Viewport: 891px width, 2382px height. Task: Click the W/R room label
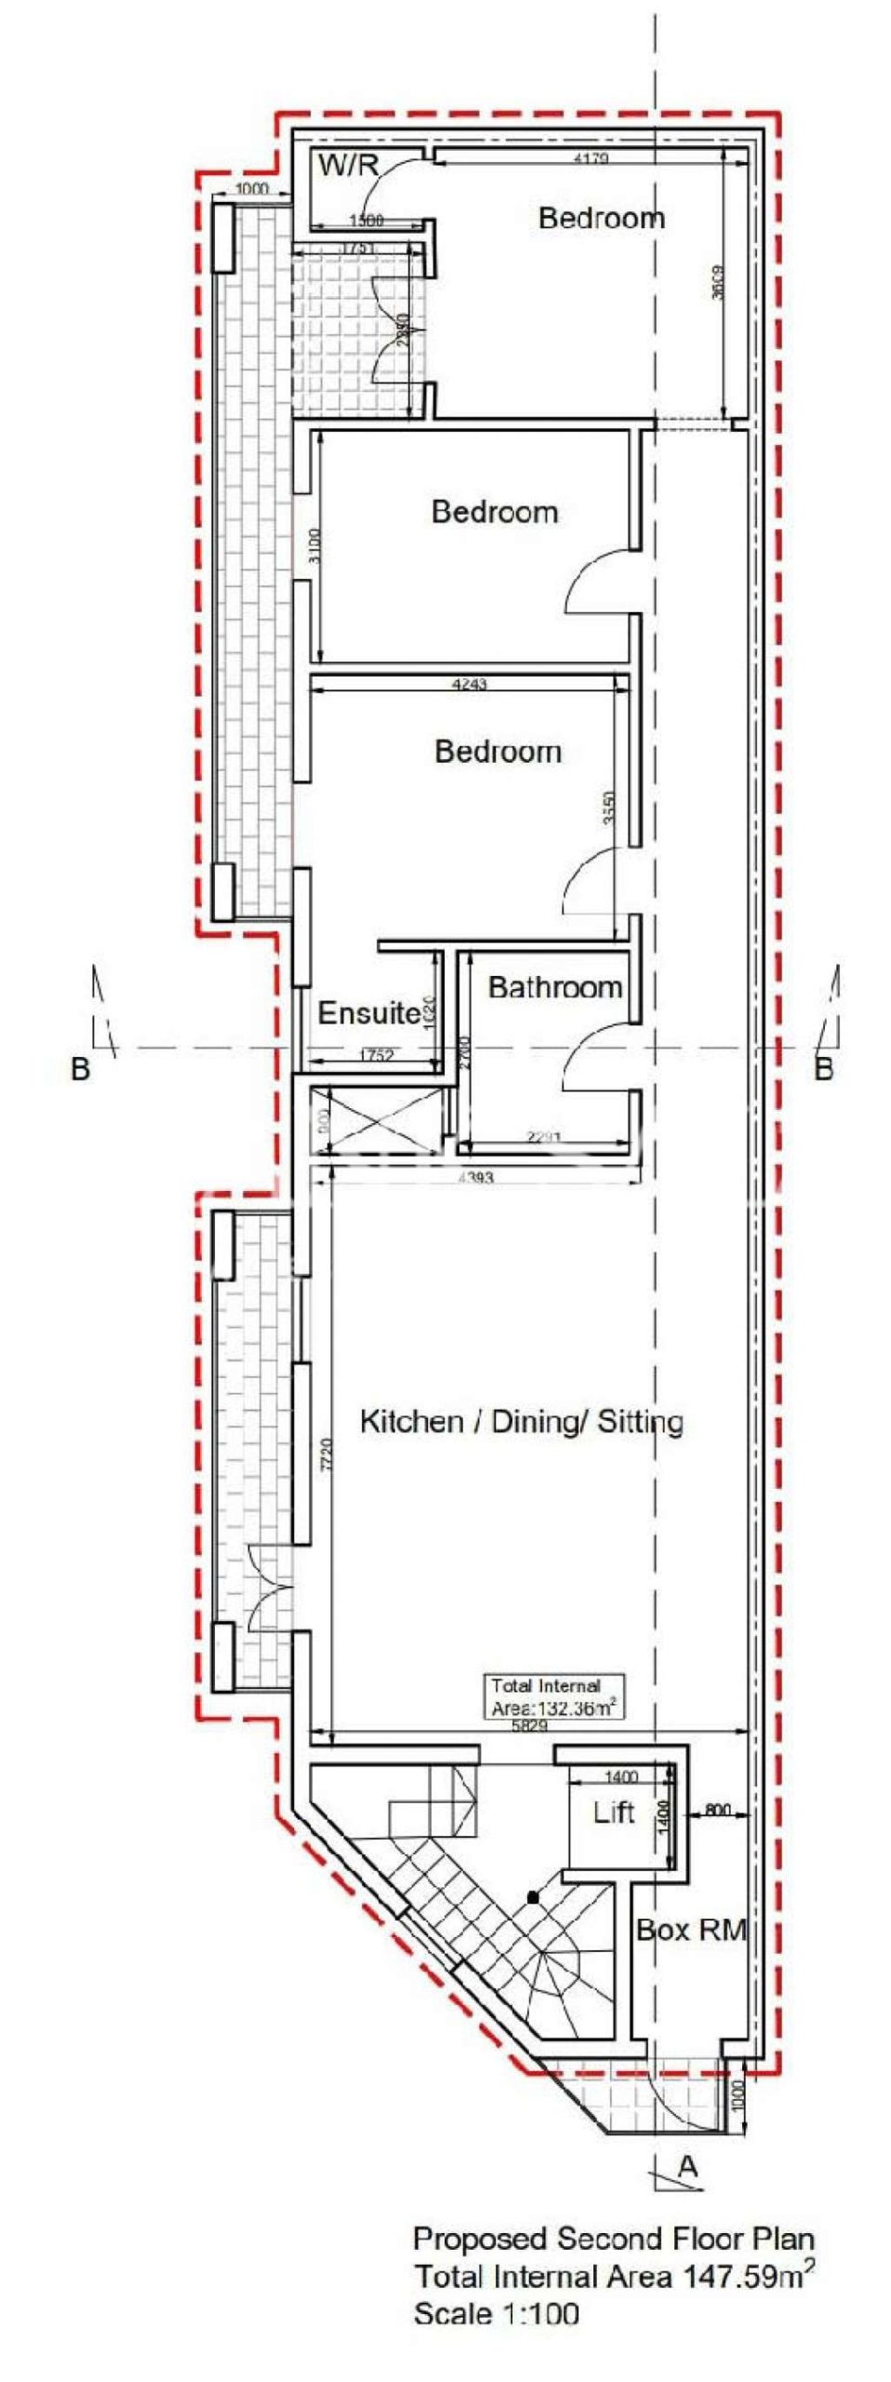tap(349, 166)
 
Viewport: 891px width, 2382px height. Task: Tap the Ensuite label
tap(368, 1012)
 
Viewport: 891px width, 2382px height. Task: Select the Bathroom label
tap(554, 987)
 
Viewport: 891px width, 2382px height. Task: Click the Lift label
tap(614, 1812)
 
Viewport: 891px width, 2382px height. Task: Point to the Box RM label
tap(691, 1931)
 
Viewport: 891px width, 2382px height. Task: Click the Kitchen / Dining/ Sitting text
tap(521, 1422)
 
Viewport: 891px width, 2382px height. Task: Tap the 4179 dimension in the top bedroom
tap(592, 158)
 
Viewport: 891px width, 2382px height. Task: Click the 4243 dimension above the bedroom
tap(469, 685)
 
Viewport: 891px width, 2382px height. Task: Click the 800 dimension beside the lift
tap(718, 1811)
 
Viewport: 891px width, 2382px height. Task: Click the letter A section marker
tap(687, 2167)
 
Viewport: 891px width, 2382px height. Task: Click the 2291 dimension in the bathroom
tap(545, 1136)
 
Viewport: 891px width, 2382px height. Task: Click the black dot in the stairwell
tap(532, 1896)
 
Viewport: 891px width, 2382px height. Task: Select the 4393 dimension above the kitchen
tap(476, 1178)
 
